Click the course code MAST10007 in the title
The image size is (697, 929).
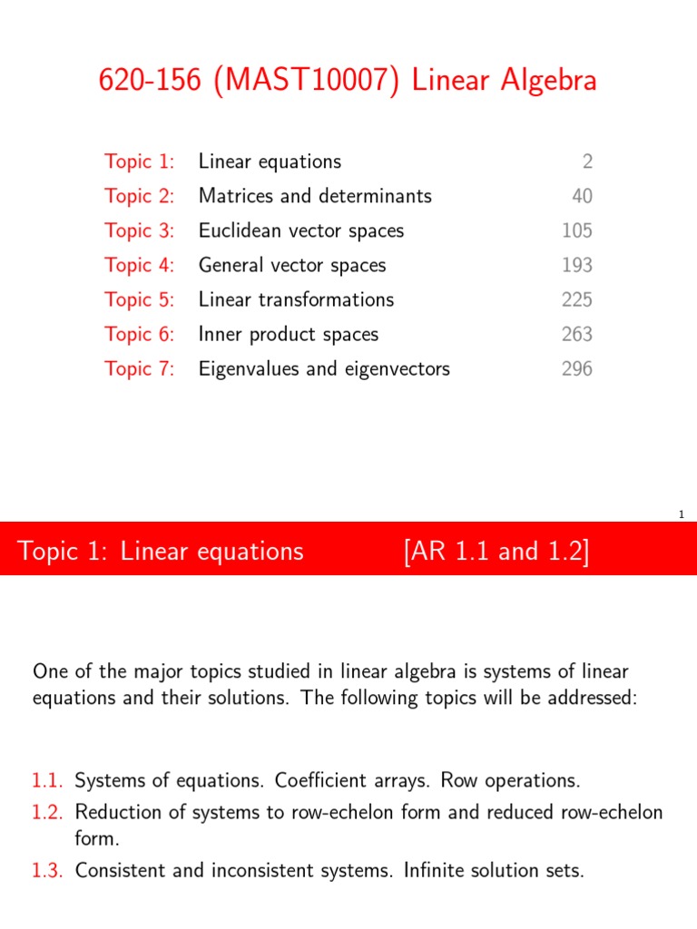(288, 81)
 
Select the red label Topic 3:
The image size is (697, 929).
(139, 230)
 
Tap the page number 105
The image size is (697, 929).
(576, 230)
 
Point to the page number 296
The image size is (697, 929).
(576, 368)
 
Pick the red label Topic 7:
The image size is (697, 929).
(139, 368)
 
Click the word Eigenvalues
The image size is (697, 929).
(247, 369)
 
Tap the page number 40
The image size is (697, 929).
(581, 196)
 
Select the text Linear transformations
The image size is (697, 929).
(296, 299)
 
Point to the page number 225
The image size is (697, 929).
(576, 299)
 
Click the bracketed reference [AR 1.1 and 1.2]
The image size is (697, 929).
(496, 551)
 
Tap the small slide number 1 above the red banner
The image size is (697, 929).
(681, 515)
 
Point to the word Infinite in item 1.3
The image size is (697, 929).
(405, 871)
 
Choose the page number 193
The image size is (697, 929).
(576, 265)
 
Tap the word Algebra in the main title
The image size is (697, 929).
(542, 81)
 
